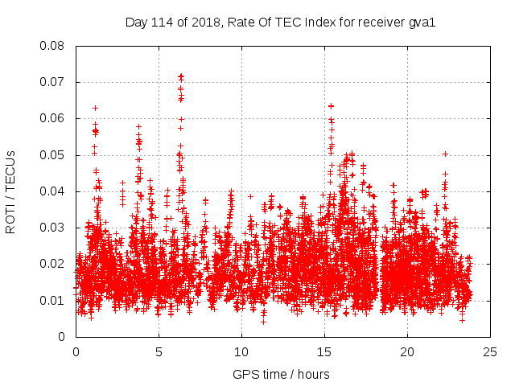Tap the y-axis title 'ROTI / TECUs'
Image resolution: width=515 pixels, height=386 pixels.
tap(10, 191)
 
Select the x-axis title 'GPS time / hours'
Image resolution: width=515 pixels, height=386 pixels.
tap(281, 374)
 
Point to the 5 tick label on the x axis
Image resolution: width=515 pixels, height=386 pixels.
tap(159, 351)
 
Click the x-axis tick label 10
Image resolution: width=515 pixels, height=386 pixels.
tap(241, 351)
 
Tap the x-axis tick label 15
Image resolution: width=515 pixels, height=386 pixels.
tap(324, 351)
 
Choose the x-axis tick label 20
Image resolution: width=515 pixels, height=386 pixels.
tap(407, 351)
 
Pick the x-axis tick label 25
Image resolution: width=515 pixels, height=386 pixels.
tap(490, 351)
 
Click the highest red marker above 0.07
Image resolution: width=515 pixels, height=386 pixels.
tap(181, 76)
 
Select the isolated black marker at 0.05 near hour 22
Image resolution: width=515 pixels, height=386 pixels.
tap(445, 154)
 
